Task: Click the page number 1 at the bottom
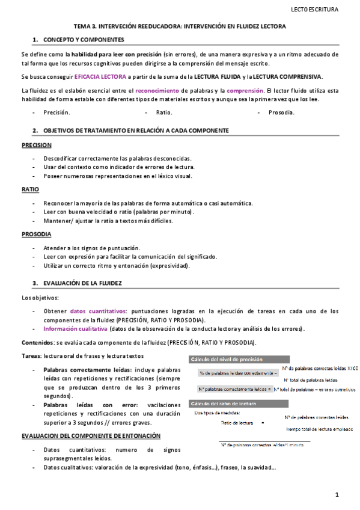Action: tap(338, 494)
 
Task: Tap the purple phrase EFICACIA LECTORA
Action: tap(100, 76)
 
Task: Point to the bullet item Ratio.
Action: tap(164, 112)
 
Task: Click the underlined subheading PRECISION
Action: tap(36, 146)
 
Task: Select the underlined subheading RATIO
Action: tap(30, 189)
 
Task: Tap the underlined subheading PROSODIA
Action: tap(36, 233)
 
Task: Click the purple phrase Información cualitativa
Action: tap(75, 329)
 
